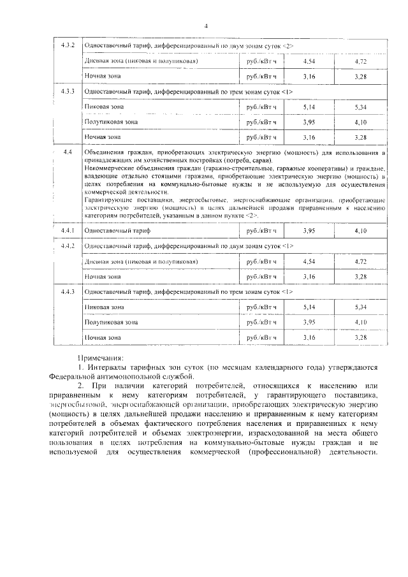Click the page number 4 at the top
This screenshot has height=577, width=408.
(x=205, y=26)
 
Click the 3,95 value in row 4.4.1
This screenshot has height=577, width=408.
(x=309, y=230)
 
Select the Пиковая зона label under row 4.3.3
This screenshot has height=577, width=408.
(x=104, y=107)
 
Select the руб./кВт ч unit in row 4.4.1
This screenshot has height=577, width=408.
(x=261, y=230)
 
